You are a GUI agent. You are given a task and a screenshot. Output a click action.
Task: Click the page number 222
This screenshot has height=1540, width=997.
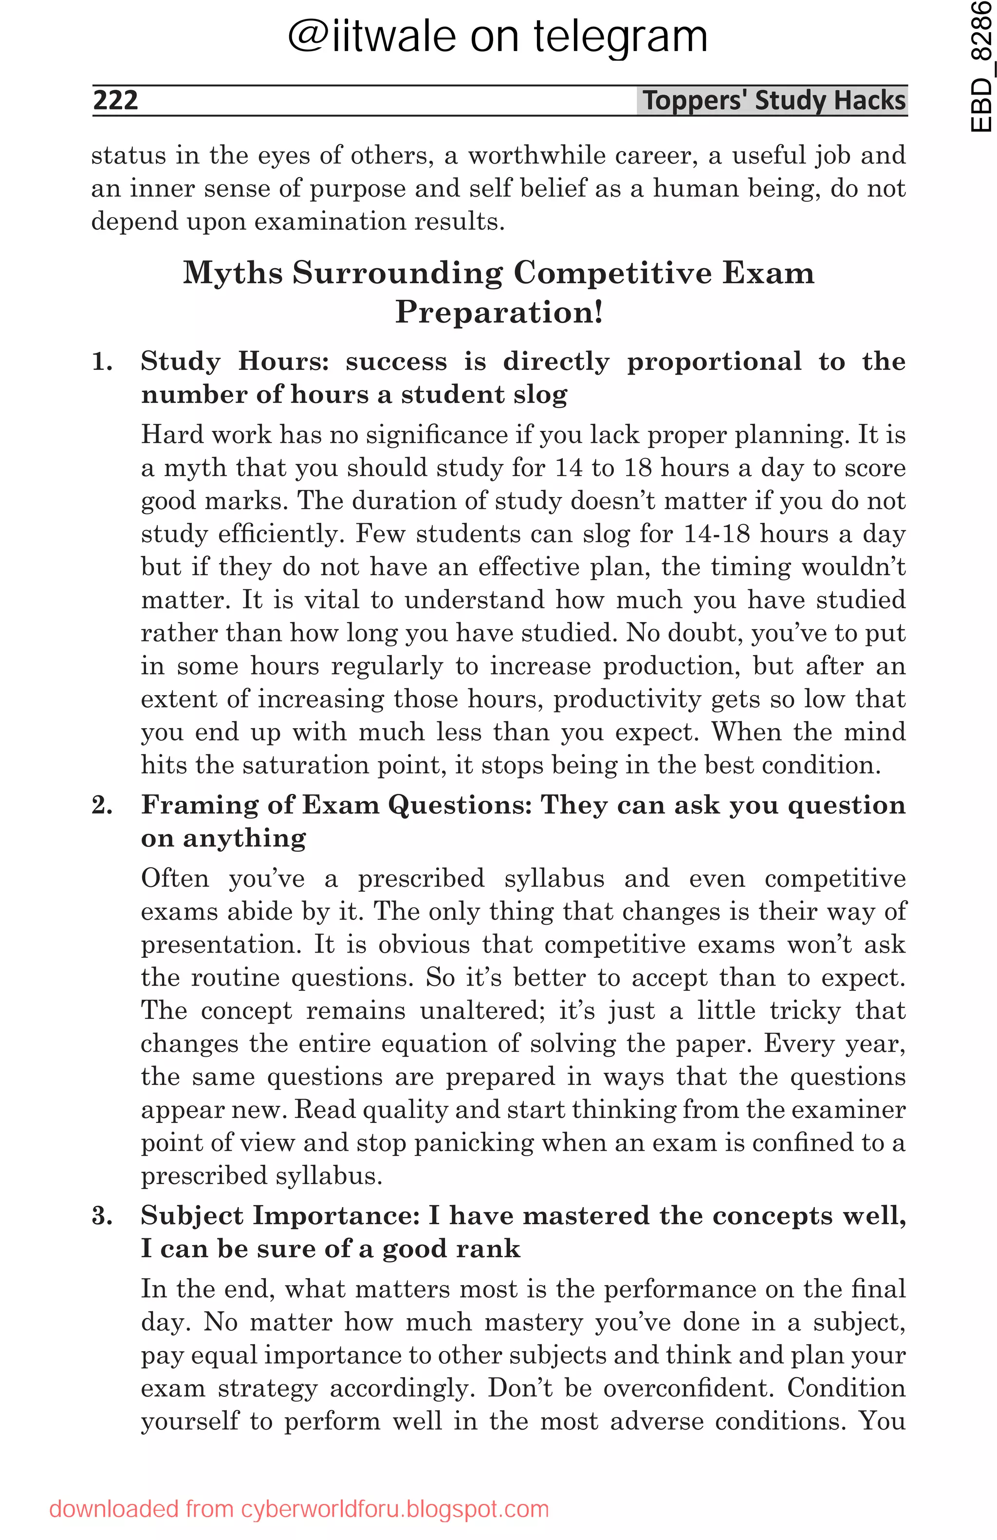[x=115, y=100]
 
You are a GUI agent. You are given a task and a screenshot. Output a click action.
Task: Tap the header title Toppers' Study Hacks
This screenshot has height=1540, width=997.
[x=773, y=100]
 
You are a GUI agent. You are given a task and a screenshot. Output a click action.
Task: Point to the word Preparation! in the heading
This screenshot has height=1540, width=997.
[x=499, y=312]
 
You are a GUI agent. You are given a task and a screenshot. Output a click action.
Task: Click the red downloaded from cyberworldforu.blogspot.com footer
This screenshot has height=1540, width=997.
[x=299, y=1509]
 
